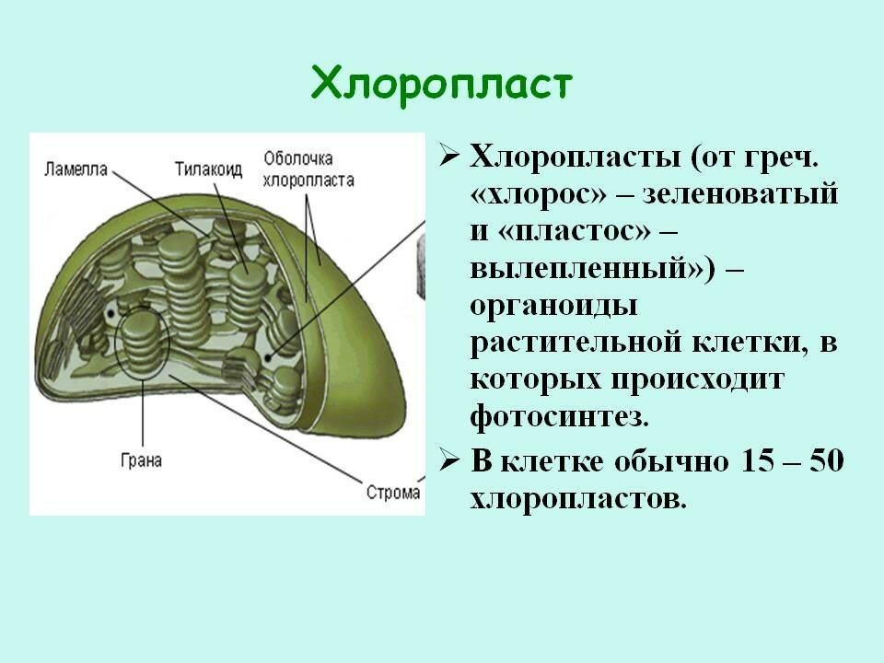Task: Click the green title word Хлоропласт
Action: point(441,85)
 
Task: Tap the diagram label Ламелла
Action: point(76,169)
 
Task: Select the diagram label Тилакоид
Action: point(208,169)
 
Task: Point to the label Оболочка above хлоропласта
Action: point(298,158)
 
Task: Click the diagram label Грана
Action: point(142,460)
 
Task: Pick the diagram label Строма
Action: point(393,492)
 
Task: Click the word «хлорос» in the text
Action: point(539,194)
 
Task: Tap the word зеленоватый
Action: point(740,194)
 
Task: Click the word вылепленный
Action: point(588,269)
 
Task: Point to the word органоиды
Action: point(554,307)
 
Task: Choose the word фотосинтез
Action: point(559,416)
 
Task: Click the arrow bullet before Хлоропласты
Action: point(448,157)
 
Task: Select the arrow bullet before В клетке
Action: point(448,461)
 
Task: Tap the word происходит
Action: point(697,380)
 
